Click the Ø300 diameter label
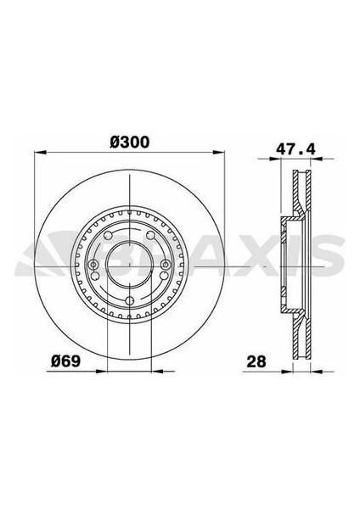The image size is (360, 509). click(126, 143)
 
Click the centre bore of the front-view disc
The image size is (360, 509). click(126, 266)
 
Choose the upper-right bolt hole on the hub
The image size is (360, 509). click(149, 237)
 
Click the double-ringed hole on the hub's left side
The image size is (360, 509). click(93, 266)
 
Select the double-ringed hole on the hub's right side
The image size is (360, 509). click(158, 266)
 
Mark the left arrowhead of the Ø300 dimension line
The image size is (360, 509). click(37, 155)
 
